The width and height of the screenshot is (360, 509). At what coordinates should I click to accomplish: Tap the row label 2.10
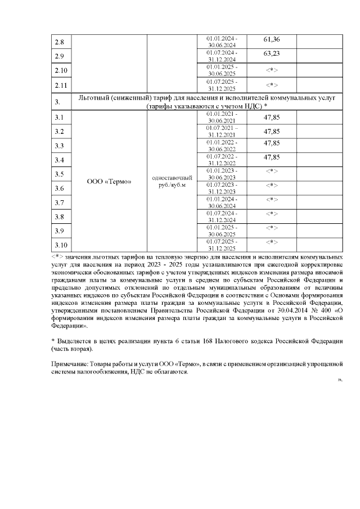pyautogui.click(x=61, y=71)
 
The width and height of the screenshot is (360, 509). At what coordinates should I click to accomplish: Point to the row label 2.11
pyautogui.click(x=61, y=85)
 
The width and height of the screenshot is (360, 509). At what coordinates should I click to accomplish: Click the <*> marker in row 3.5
pyautogui.click(x=272, y=171)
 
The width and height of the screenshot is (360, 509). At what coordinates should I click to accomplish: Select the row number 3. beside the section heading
pyautogui.click(x=58, y=102)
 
